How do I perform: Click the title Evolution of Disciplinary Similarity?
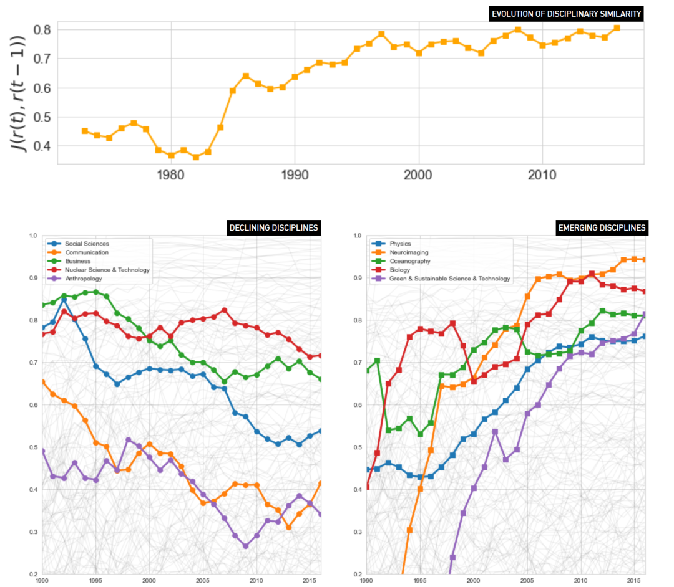tap(567, 14)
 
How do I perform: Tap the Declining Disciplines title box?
tap(274, 228)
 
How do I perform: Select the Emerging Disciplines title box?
tap(602, 228)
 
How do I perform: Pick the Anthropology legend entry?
tap(84, 279)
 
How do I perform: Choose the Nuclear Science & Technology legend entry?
tap(107, 270)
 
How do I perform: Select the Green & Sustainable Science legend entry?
tap(449, 279)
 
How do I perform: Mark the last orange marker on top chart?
tap(617, 27)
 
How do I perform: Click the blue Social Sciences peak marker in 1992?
tap(64, 300)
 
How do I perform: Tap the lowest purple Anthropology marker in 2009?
tap(245, 546)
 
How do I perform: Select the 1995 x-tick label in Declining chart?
tap(95, 580)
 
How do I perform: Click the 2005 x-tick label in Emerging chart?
tap(527, 580)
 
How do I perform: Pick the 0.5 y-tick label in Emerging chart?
tap(358, 447)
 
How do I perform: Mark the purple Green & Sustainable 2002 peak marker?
tap(495, 431)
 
